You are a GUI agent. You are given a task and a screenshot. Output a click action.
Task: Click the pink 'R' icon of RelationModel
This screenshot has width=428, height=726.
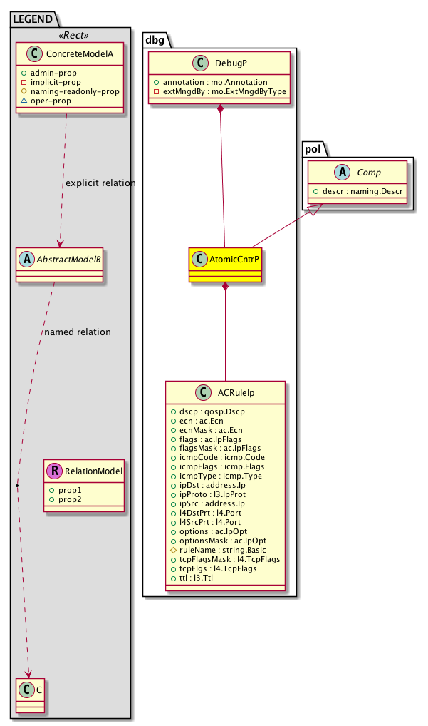56,471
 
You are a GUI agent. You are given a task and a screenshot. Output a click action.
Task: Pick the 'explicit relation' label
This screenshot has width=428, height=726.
100,183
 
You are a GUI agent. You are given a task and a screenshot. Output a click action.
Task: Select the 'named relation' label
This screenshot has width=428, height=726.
77,332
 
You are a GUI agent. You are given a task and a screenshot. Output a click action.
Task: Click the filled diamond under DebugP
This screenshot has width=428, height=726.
221,109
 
